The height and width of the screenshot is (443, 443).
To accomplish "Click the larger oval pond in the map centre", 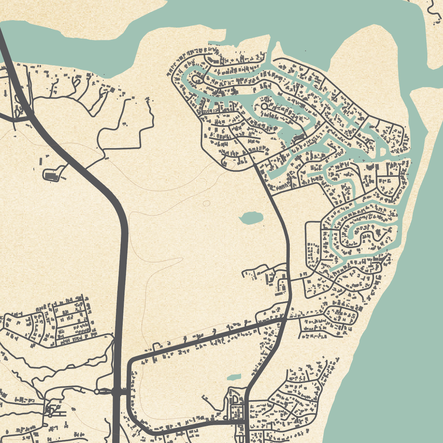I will (251, 218).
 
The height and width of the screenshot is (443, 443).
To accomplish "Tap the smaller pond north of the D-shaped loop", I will (234, 377).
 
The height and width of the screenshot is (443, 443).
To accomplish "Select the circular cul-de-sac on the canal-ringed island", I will (264, 106).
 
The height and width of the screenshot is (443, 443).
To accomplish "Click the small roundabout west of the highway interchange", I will (96, 391).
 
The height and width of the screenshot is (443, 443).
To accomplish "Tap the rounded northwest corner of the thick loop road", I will (131, 361).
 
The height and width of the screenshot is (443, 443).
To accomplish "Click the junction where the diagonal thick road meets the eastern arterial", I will (284, 319).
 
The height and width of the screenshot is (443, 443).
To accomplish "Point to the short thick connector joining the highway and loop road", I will (123, 392).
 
